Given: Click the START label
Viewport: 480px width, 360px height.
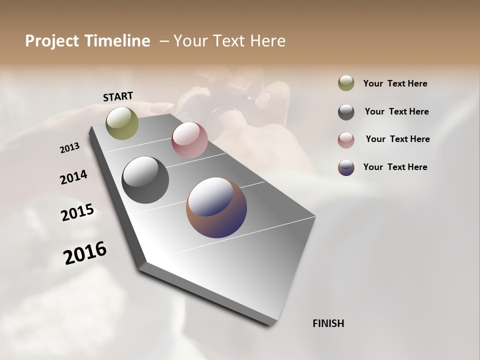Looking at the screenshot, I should [x=118, y=96].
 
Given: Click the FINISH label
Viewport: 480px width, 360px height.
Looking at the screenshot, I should [x=328, y=323].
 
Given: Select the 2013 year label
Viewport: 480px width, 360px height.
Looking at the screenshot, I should [x=69, y=148].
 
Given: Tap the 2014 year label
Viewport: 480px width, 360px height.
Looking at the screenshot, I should [x=73, y=177].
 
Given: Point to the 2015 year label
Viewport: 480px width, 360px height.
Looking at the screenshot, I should [x=77, y=212].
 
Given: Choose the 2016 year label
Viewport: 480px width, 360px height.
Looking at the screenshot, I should [x=85, y=252].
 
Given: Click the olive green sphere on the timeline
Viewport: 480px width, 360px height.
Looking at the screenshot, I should [x=122, y=123].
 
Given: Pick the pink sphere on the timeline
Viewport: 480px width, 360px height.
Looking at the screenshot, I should [x=189, y=140].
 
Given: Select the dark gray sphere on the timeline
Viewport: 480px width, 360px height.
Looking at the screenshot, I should [x=145, y=180].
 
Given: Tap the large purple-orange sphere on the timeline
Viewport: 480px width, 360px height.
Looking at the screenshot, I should [x=216, y=207].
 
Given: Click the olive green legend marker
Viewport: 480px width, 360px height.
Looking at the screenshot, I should [x=346, y=83].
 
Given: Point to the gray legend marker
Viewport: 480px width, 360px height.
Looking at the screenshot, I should [x=346, y=112].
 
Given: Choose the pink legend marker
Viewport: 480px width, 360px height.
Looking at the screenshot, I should [x=346, y=140].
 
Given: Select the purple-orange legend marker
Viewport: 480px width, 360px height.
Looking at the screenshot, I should [x=346, y=167].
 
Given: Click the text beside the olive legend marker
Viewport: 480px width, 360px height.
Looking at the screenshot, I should [x=395, y=83].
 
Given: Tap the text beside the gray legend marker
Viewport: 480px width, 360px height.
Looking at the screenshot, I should [x=396, y=111].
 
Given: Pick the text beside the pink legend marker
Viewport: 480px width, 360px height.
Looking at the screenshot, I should [x=397, y=139].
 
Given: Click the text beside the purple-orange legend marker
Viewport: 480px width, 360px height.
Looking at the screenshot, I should [x=395, y=167].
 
